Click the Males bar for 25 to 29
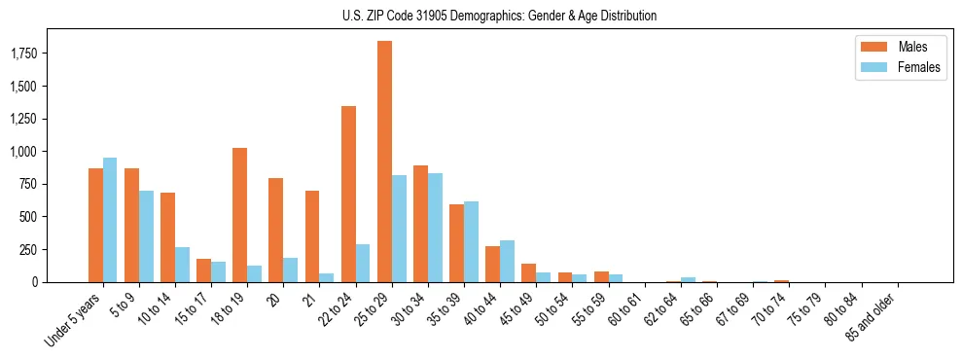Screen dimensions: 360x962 coord(384,162)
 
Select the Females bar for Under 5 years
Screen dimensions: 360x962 coord(110,220)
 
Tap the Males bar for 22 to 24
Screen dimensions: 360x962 coord(348,194)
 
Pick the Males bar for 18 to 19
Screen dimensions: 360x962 coord(239,215)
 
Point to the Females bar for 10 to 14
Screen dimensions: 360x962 coord(182,265)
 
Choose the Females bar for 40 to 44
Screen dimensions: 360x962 coord(508,261)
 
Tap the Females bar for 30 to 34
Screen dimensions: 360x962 coord(436,228)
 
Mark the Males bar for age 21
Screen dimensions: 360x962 coord(312,236)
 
